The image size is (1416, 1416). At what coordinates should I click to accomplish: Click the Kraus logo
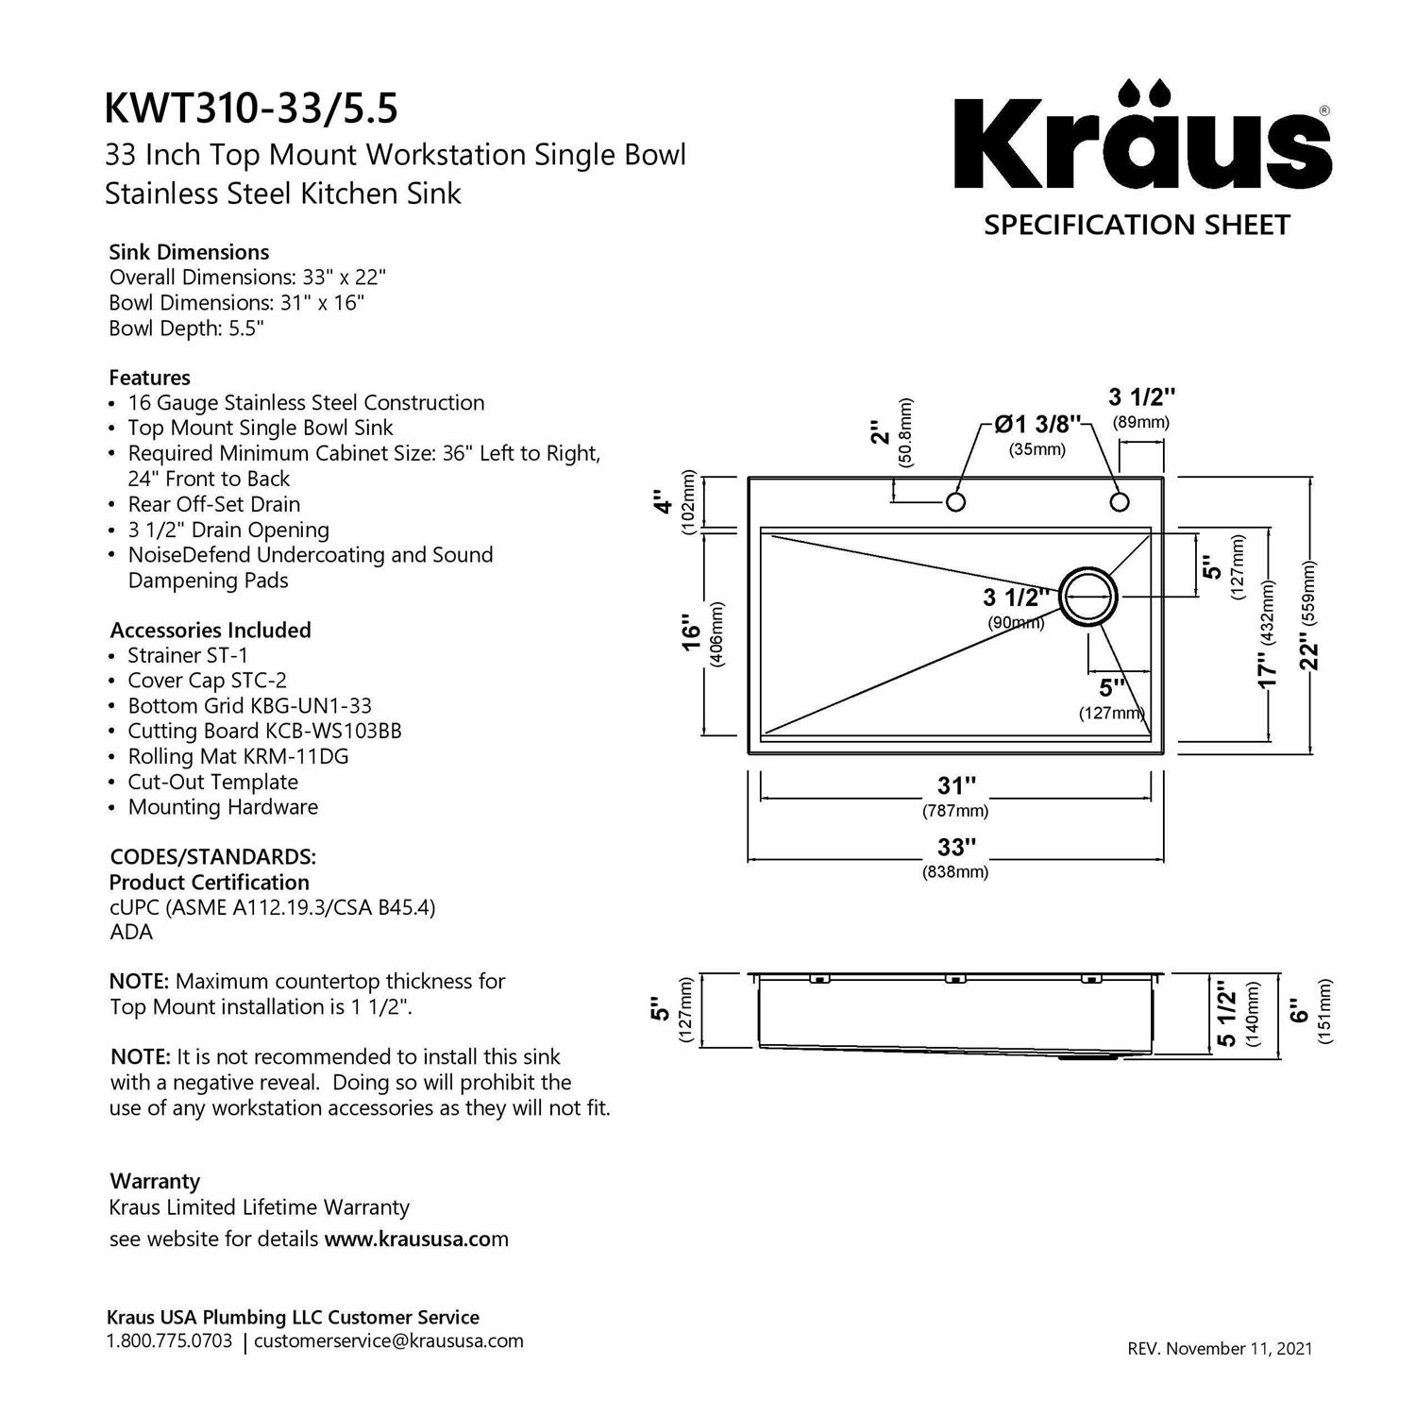click(x=1142, y=136)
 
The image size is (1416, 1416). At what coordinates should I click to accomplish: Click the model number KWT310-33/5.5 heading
click(x=251, y=109)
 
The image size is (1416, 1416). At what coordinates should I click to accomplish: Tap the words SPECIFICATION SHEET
click(x=1137, y=226)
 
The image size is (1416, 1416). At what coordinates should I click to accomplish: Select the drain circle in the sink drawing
click(x=1088, y=596)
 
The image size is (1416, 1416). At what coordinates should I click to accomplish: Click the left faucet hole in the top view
click(x=955, y=501)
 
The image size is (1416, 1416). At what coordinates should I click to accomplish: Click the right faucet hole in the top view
click(x=1120, y=501)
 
